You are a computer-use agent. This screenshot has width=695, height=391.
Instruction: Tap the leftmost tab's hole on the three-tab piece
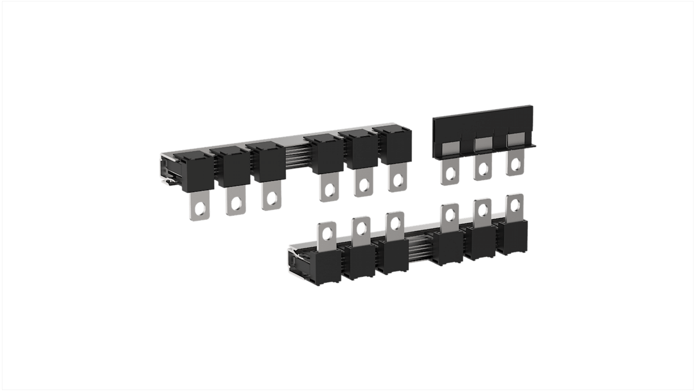click(449, 173)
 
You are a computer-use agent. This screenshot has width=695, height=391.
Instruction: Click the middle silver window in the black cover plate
click(483, 143)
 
